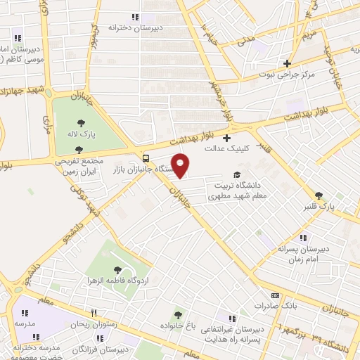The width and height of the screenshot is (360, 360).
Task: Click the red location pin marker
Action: click(181, 165)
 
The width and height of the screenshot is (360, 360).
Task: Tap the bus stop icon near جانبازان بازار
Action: click(146, 157)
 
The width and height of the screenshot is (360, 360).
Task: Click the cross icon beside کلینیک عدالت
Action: click(226, 137)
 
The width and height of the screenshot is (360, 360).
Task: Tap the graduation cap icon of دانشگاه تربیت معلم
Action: click(237, 176)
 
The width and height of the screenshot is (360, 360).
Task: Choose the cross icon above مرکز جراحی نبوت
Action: click(286, 62)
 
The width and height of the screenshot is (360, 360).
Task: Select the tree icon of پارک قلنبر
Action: click(319, 195)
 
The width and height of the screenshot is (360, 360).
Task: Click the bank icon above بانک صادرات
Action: click(276, 295)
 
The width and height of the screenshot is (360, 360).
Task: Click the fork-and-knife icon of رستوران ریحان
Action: click(93, 313)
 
